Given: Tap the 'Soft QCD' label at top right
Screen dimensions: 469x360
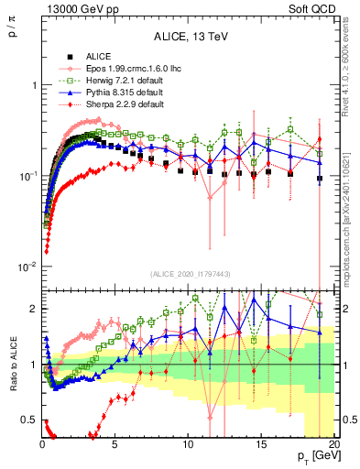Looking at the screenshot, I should coord(314,8).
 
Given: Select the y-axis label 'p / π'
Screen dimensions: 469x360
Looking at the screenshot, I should coord(12,36).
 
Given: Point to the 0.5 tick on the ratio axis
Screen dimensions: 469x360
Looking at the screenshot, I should coord(30,420).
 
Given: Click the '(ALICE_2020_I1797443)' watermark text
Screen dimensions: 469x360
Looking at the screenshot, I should coord(189,274).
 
